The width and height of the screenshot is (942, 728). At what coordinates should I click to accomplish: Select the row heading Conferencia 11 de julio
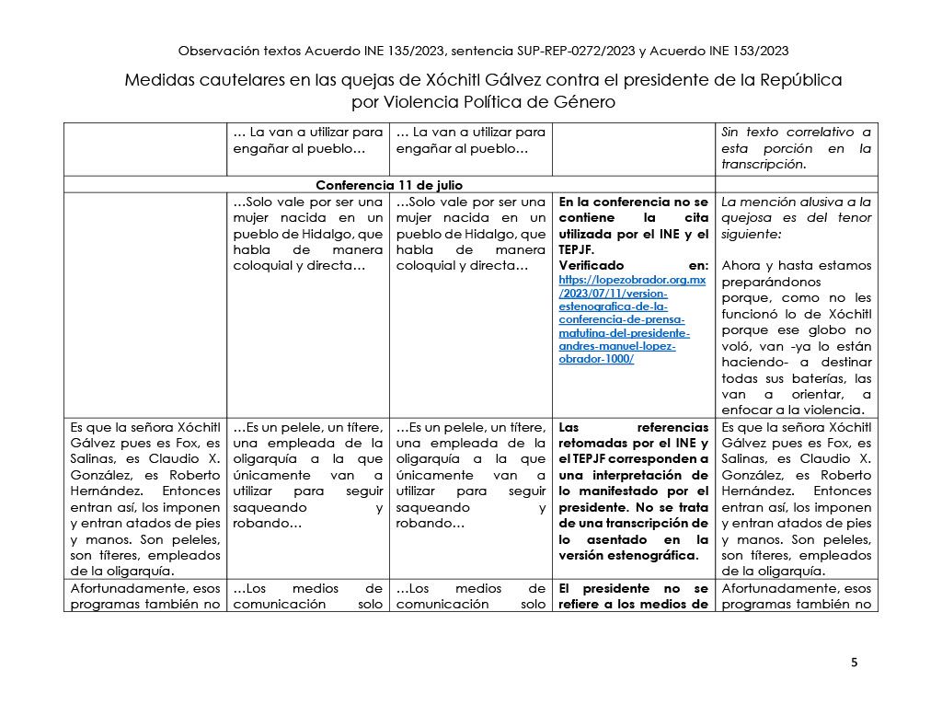tap(389, 185)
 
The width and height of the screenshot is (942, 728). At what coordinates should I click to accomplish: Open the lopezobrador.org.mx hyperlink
tap(632, 318)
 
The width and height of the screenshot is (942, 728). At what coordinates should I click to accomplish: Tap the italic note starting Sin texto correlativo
tap(797, 148)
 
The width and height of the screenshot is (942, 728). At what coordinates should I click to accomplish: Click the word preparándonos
tap(771, 282)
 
